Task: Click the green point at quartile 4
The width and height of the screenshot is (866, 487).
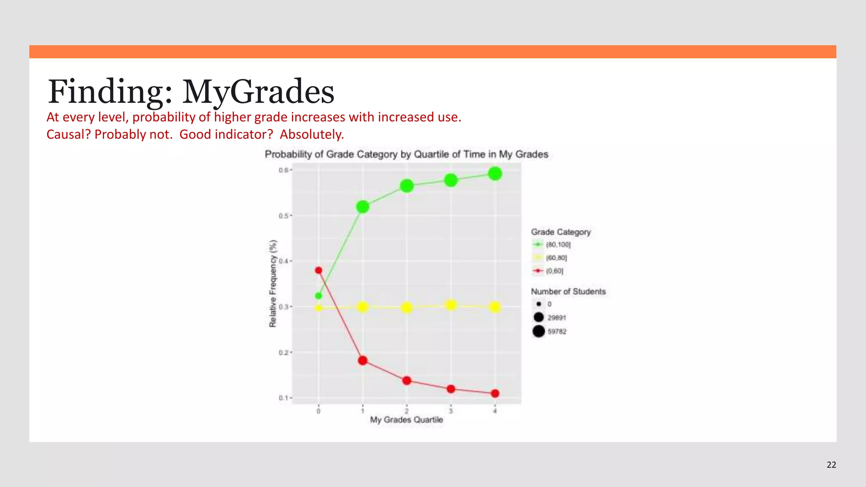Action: point(495,174)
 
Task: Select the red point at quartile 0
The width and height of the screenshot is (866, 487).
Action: point(318,270)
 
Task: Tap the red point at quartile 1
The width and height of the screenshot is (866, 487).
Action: point(362,361)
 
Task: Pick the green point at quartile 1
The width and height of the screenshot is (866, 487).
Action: point(362,207)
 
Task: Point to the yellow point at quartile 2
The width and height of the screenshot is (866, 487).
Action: point(406,307)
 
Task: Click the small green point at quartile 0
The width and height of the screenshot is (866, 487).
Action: point(318,296)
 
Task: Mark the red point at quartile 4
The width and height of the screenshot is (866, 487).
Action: point(495,394)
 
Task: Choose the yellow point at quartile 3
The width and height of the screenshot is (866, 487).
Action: point(451,305)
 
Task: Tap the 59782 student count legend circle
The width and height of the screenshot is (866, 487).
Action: point(539,331)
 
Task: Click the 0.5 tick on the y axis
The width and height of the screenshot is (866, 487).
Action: point(283,216)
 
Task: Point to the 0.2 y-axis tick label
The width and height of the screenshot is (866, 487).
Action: point(283,353)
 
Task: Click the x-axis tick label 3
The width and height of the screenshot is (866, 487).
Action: point(451,411)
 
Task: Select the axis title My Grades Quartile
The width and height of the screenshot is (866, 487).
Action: point(406,420)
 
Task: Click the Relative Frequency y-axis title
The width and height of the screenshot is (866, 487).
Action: point(273,283)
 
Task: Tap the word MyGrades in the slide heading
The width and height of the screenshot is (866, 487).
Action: point(258,92)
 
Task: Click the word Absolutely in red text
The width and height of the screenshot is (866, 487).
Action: point(312,134)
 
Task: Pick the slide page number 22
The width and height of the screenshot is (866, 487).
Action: point(831,465)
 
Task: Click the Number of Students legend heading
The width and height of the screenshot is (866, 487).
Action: point(568,291)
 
